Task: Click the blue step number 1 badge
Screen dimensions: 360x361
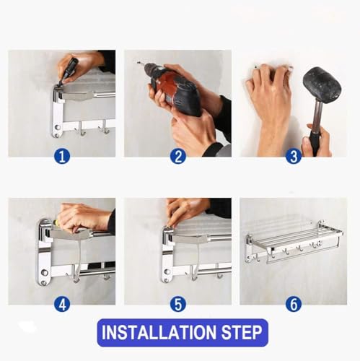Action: click(62, 157)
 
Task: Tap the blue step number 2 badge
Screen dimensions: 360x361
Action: click(178, 157)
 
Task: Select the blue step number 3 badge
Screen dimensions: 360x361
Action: click(294, 157)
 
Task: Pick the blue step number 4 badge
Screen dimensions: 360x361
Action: click(62, 304)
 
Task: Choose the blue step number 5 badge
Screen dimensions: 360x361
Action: click(178, 304)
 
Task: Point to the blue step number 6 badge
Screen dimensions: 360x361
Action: click(294, 304)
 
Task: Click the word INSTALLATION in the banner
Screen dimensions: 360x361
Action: click(159, 332)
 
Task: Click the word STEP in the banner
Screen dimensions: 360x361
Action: click(242, 332)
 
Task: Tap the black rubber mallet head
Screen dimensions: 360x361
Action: click(322, 85)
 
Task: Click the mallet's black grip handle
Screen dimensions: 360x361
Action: click(314, 142)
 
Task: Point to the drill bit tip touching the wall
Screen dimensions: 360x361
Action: click(138, 63)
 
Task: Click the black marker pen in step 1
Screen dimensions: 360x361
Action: click(69, 71)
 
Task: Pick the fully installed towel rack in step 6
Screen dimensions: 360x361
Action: click(294, 243)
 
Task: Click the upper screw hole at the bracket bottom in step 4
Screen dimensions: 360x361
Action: click(44, 273)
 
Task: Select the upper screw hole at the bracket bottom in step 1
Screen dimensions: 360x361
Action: click(58, 127)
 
